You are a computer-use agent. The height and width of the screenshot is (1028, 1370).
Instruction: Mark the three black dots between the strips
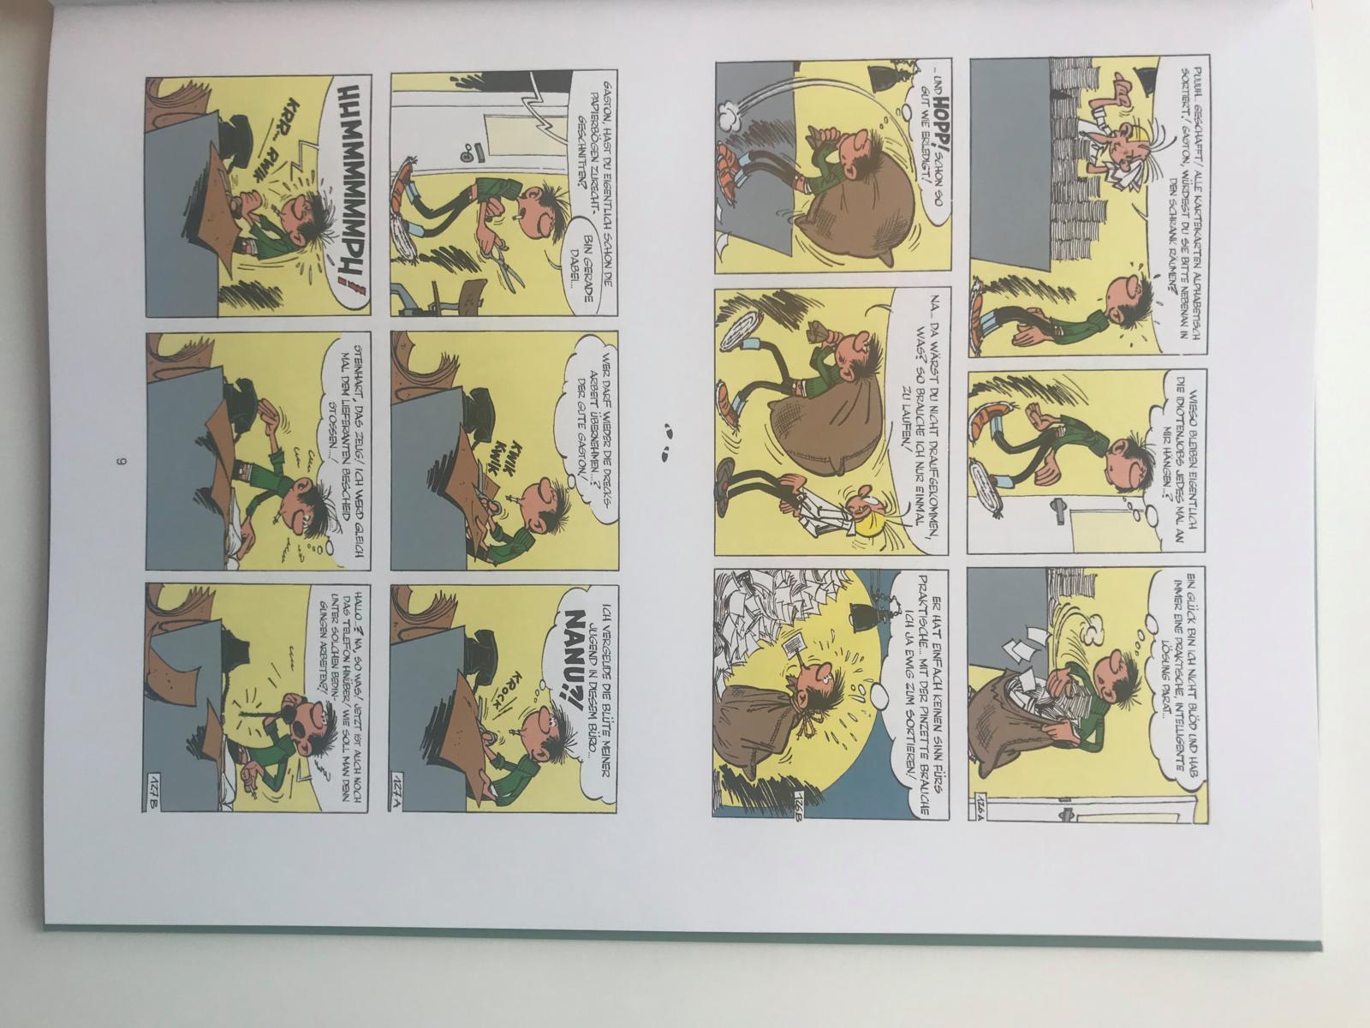(x=668, y=444)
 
